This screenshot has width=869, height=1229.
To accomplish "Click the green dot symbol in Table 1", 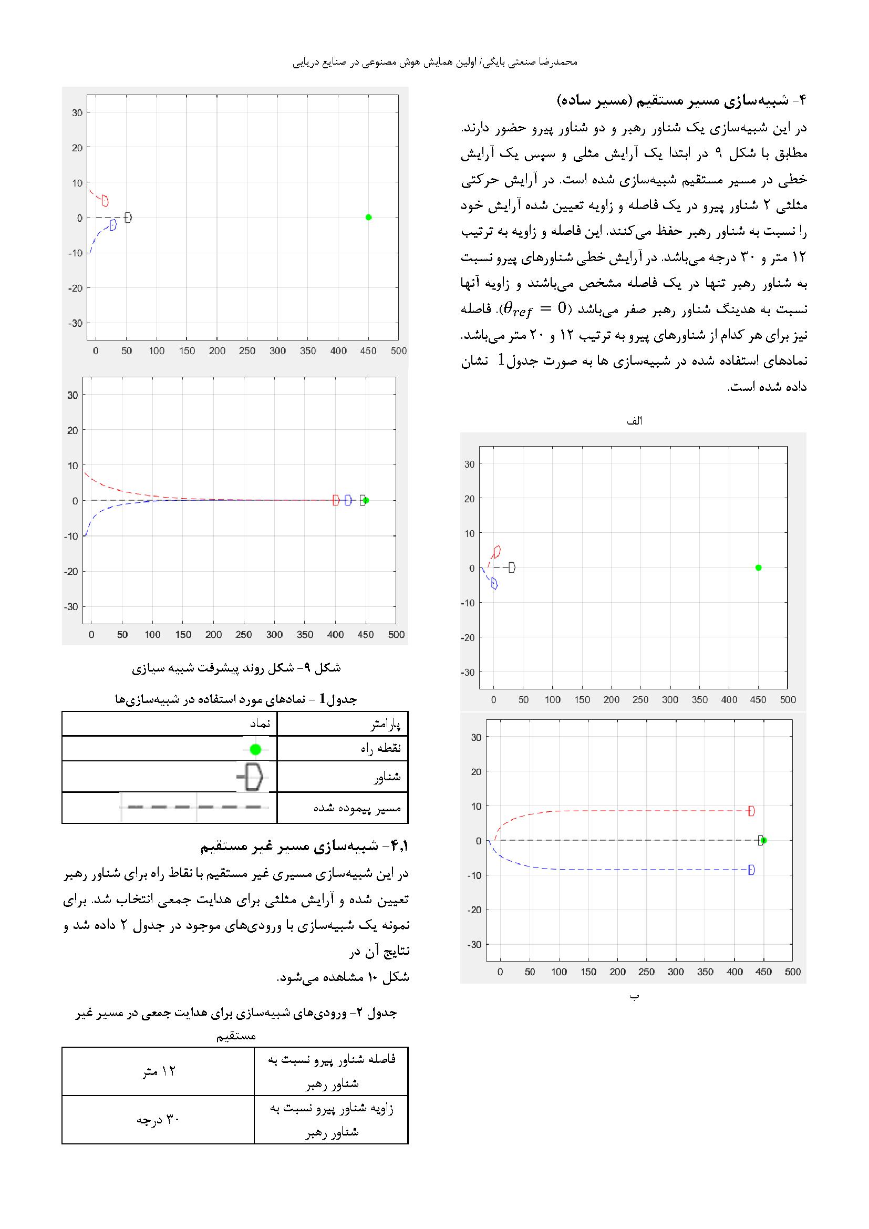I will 255,749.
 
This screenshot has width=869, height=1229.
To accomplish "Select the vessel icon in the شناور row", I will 251,777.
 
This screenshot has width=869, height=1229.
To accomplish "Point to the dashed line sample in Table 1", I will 195,807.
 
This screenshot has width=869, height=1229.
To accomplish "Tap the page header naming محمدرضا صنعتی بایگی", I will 435,62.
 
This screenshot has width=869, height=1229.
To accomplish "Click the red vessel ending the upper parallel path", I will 751,811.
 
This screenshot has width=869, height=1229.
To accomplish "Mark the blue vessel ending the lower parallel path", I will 751,870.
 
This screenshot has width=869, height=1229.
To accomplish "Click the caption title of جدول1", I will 235,699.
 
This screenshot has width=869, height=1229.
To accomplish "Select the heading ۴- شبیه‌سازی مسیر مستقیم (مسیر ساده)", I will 680,100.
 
